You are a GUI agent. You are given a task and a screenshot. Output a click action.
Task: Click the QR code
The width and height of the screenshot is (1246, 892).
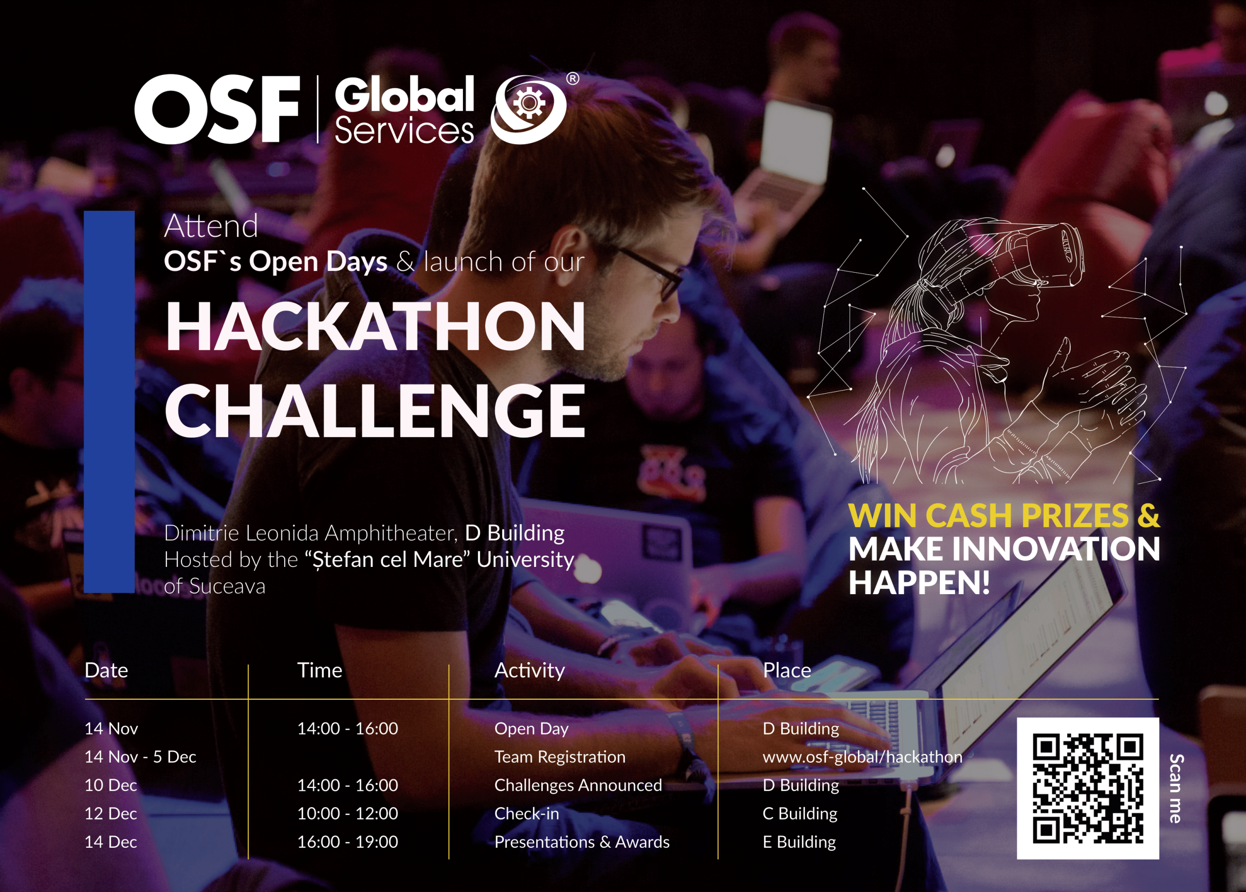[1087, 788]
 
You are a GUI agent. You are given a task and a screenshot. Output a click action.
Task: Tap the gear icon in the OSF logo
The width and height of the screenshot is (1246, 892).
[529, 103]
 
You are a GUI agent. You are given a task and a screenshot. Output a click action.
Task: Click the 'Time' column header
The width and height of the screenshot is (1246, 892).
[319, 670]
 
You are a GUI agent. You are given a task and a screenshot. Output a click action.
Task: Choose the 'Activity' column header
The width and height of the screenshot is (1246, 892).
[529, 670]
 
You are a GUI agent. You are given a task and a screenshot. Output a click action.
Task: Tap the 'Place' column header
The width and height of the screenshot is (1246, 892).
[786, 670]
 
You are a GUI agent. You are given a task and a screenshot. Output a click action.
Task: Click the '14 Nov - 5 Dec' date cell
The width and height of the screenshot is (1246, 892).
[140, 756]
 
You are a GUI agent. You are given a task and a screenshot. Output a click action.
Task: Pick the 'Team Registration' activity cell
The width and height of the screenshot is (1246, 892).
[559, 756]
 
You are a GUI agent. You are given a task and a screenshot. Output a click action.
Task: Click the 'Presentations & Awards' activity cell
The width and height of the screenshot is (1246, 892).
[581, 841]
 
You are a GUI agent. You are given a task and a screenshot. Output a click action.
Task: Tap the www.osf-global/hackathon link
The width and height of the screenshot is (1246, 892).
[862, 756]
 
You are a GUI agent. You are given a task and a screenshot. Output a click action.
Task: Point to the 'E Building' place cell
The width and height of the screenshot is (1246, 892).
[799, 841]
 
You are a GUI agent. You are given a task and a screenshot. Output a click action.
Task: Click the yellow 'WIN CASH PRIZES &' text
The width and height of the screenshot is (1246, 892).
[1004, 515]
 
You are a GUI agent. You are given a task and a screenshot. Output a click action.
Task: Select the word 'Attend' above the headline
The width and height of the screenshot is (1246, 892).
[211, 226]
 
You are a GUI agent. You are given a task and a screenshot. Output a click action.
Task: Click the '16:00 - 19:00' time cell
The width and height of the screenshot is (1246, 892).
[347, 841]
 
